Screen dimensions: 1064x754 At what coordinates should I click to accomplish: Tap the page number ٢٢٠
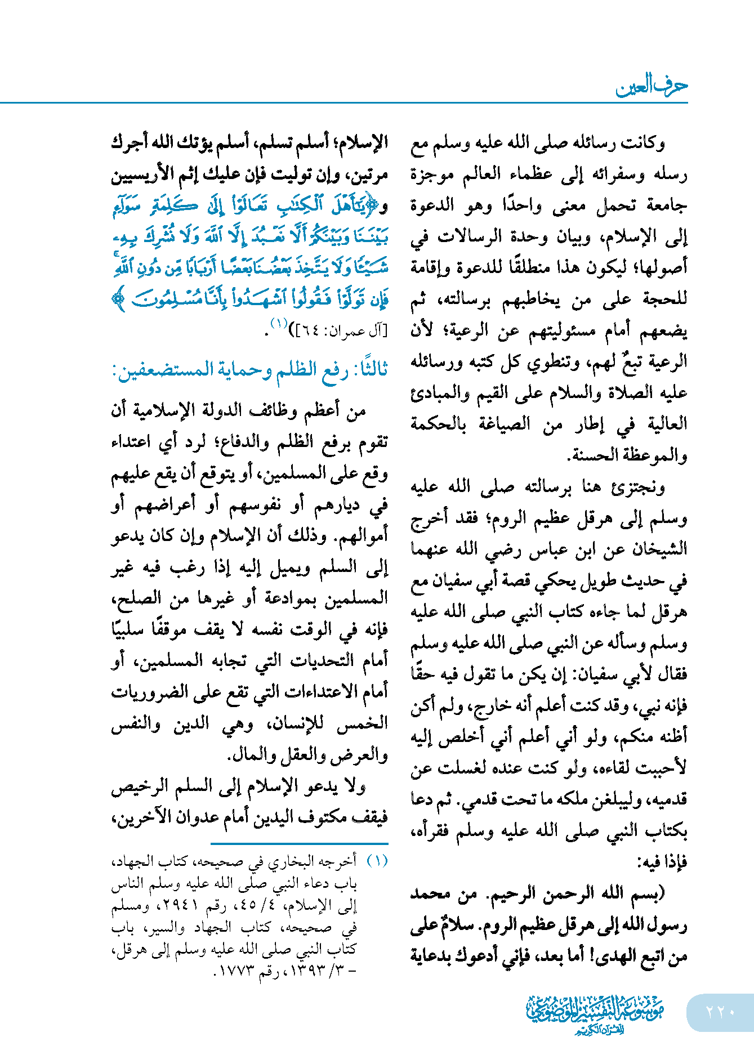click(x=720, y=1012)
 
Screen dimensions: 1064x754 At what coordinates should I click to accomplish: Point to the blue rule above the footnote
click(x=300, y=843)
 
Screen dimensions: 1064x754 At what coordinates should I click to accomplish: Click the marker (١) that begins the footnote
click(x=377, y=861)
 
